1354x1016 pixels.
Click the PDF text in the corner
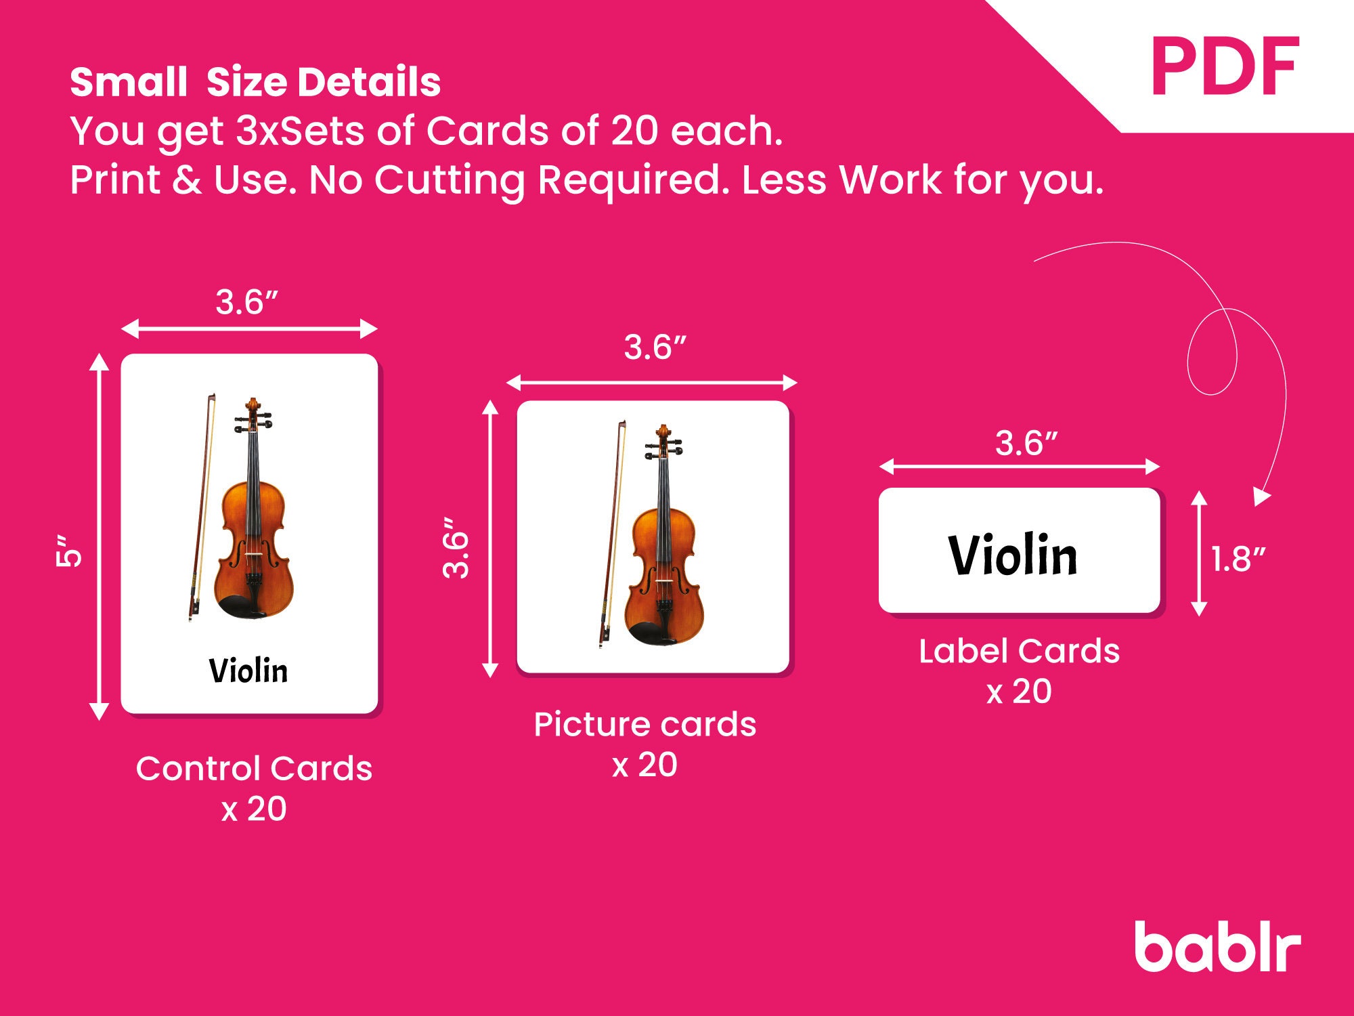[1225, 68]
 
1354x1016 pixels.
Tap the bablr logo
[1217, 946]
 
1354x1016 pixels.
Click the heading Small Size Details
[255, 83]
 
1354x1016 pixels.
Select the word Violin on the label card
[1013, 555]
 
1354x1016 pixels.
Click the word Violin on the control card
[248, 671]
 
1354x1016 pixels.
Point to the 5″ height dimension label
[68, 550]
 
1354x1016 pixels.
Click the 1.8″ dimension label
[1238, 559]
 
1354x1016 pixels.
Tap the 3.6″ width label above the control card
[247, 302]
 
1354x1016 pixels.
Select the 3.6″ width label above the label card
[1026, 444]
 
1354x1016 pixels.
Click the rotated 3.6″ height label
[456, 549]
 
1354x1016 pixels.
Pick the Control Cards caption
[254, 769]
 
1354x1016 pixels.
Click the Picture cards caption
[645, 725]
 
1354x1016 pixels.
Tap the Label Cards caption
[1019, 652]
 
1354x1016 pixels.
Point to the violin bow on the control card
[202, 508]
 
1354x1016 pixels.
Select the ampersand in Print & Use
[186, 181]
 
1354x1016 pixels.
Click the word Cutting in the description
[450, 181]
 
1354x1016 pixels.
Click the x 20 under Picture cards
[645, 765]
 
